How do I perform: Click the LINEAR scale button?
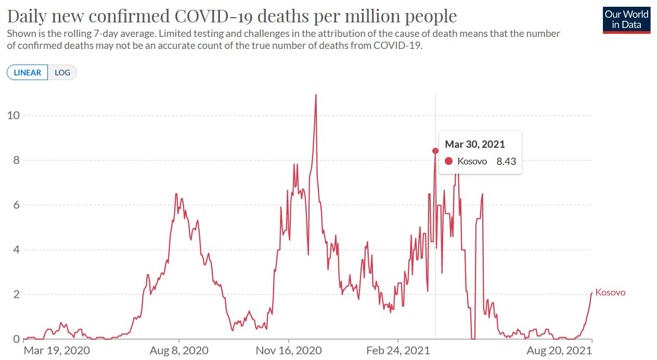(x=28, y=72)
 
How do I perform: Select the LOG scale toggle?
(x=62, y=72)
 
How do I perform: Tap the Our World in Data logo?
(x=626, y=20)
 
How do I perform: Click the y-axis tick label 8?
(x=16, y=160)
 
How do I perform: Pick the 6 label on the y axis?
(x=16, y=205)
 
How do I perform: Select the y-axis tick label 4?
(x=16, y=250)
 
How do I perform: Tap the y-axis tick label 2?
(x=16, y=294)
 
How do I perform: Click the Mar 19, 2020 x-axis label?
(x=57, y=351)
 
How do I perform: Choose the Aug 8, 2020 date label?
(x=179, y=351)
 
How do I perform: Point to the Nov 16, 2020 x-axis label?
(x=289, y=351)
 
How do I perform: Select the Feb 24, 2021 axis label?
(x=398, y=351)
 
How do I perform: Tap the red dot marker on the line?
(x=435, y=151)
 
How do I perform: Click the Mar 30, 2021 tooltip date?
(x=475, y=144)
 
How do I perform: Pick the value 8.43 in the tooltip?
(x=506, y=161)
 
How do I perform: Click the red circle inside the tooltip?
(x=449, y=161)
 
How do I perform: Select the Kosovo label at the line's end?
(x=610, y=292)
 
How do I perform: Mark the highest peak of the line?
(x=316, y=95)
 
